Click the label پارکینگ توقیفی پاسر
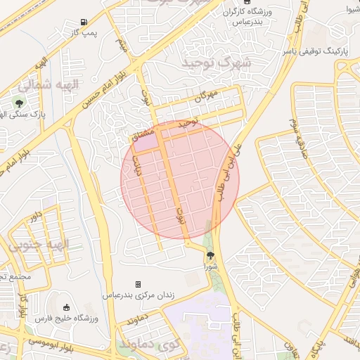[x=316, y=51]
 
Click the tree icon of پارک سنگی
[x=19, y=103]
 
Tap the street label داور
[x=33, y=215]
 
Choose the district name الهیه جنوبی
[x=40, y=245]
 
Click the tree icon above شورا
[x=210, y=257]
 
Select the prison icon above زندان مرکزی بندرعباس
[x=138, y=284]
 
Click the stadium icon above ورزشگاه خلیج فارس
[x=67, y=307]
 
